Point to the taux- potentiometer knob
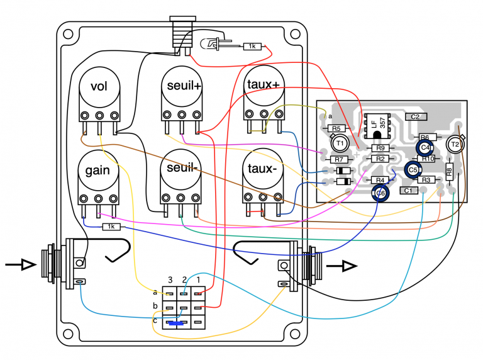[263, 171]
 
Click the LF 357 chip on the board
[377, 125]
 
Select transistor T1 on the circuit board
[340, 143]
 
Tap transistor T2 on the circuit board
[454, 145]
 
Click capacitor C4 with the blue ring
[426, 147]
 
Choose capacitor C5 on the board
[413, 169]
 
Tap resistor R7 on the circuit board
[338, 160]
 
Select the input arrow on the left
[19, 265]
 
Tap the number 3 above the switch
[170, 279]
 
